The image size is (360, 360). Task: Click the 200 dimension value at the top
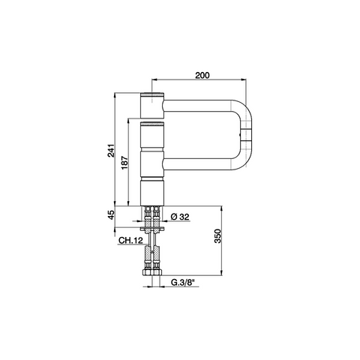[202, 75]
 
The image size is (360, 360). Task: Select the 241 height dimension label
[111, 151]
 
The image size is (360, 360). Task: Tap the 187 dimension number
[124, 163]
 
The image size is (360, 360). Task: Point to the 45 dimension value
[111, 214]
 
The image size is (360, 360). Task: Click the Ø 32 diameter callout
[180, 217]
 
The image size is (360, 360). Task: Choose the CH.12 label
[130, 241]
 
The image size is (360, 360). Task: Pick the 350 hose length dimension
[217, 235]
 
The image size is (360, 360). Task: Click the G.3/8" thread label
[183, 283]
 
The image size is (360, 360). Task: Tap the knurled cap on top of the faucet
[152, 94]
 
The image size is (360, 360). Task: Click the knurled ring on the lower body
[152, 124]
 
